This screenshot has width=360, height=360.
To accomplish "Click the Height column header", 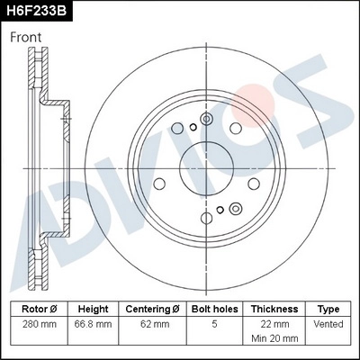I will [94, 308].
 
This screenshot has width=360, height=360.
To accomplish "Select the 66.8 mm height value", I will [94, 323].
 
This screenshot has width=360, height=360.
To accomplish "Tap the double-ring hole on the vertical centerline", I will [205, 119].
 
